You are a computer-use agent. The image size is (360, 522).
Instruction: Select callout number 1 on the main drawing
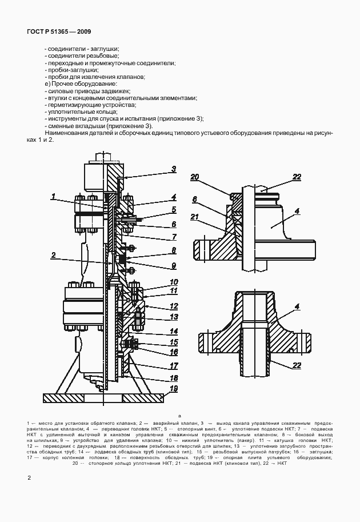pos(53,197)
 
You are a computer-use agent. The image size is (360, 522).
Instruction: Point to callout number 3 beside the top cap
pos(173,169)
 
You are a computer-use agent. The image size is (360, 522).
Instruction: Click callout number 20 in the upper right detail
pos(195,177)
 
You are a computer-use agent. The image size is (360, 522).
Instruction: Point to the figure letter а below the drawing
pos(179,416)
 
